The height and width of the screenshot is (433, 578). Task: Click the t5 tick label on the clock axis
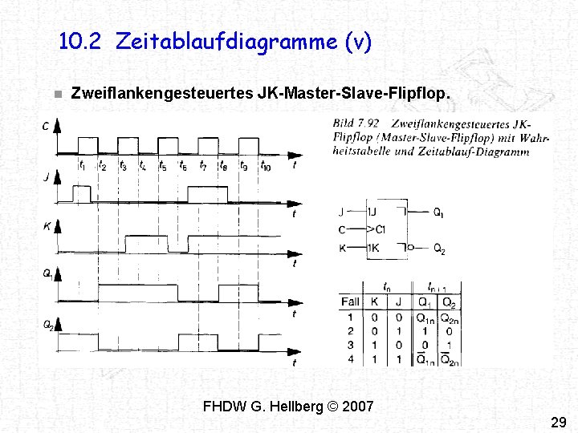[163, 167]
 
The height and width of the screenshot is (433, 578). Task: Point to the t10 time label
[265, 167]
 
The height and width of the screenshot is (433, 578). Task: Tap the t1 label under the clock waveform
[82, 167]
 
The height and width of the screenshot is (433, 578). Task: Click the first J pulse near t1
[81, 194]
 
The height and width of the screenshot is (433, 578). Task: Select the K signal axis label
[47, 227]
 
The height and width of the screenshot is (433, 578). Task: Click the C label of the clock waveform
[46, 126]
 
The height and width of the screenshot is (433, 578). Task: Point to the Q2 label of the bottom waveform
[47, 325]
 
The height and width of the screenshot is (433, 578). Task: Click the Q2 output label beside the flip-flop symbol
[439, 249]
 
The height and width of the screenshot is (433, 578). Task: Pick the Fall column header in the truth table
[350, 302]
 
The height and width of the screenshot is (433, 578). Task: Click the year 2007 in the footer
[357, 407]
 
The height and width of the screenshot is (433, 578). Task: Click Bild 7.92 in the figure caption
[356, 123]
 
